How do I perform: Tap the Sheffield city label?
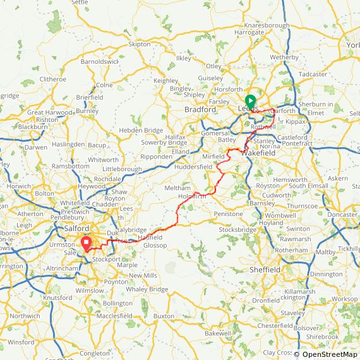[x=264, y=270]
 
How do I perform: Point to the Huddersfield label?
[x=195, y=167]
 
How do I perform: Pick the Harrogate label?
[x=249, y=32]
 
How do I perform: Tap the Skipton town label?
[x=140, y=44]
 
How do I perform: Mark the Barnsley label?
[x=262, y=203]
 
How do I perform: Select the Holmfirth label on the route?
[x=192, y=196]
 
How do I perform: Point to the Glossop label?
[x=155, y=245]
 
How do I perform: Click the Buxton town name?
[x=164, y=315]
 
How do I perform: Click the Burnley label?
[x=87, y=111]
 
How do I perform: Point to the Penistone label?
[x=229, y=214]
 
